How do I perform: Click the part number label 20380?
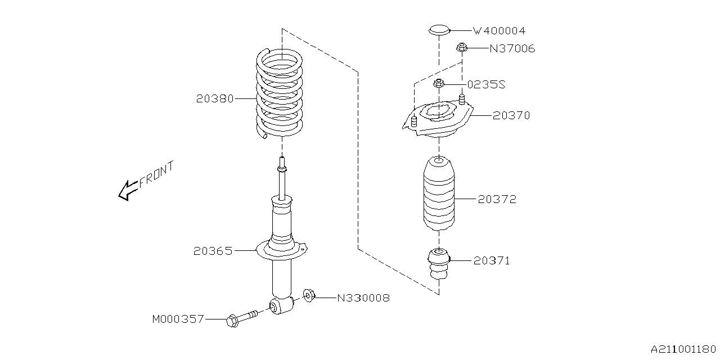(215, 98)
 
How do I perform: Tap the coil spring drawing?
(280, 93)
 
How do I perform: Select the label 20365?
(212, 251)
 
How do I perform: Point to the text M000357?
(178, 319)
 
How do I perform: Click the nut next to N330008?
(309, 295)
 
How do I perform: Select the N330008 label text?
(363, 298)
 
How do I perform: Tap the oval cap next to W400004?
(438, 29)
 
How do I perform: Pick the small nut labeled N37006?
(461, 48)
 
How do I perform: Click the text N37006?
(511, 49)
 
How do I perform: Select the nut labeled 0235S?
(439, 84)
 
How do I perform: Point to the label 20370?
(511, 115)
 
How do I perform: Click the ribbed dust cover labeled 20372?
(438, 194)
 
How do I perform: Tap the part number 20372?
(497, 199)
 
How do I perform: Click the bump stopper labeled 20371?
(438, 263)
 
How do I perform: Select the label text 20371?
(491, 260)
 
